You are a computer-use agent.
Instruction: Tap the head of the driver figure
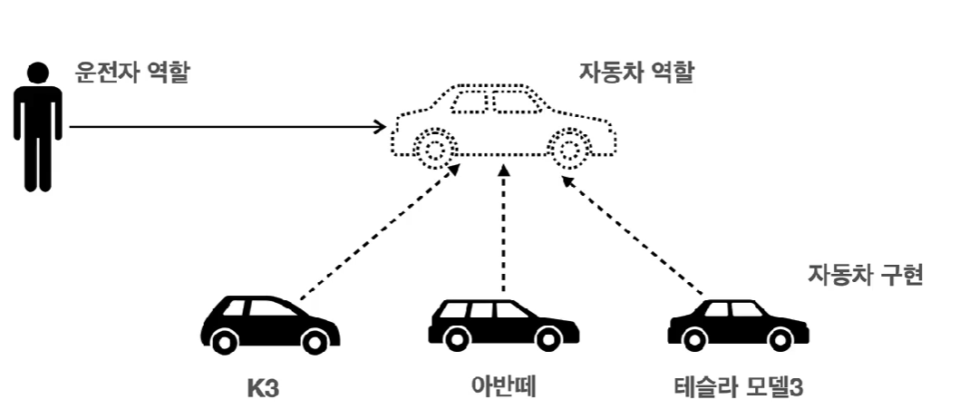coord(37,72)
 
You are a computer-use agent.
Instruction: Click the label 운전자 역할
coord(132,73)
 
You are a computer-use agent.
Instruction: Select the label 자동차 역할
coord(636,73)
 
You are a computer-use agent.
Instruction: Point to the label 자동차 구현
coord(865,275)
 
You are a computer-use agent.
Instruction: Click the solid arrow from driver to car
coord(227,127)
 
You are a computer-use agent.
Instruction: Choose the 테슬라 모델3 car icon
coord(736,325)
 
